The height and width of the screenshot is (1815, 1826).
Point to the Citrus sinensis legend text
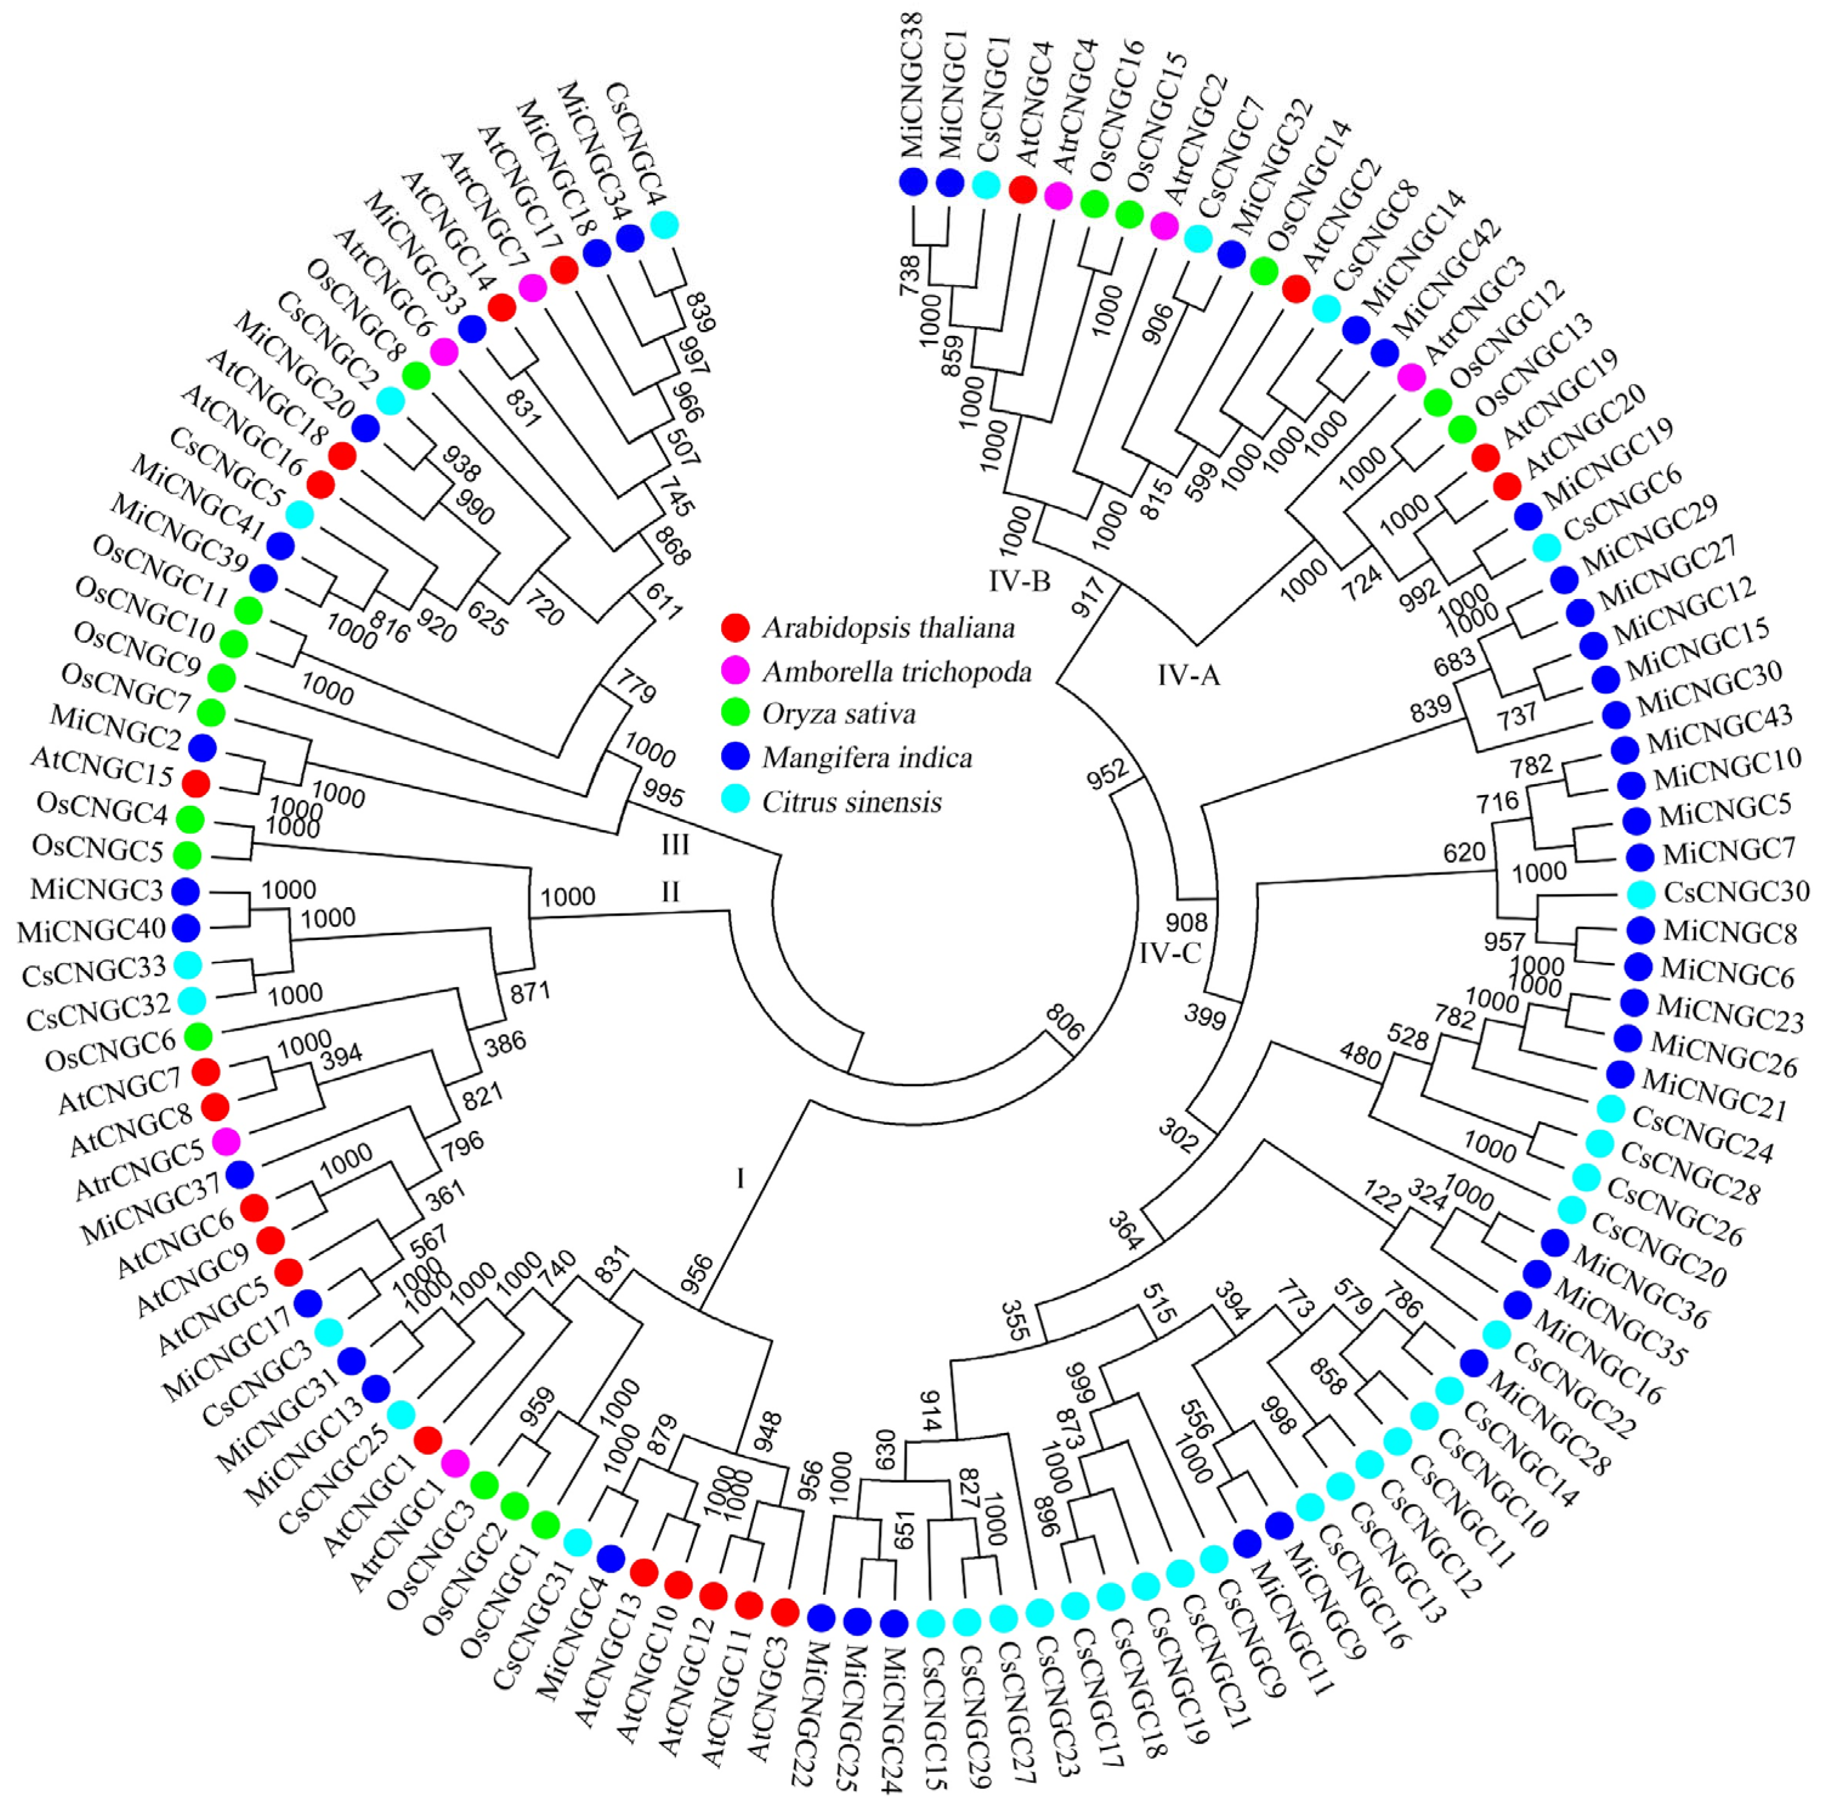click(x=851, y=802)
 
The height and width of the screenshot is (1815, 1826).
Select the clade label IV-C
click(x=1170, y=953)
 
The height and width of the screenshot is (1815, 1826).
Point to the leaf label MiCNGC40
click(x=92, y=931)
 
